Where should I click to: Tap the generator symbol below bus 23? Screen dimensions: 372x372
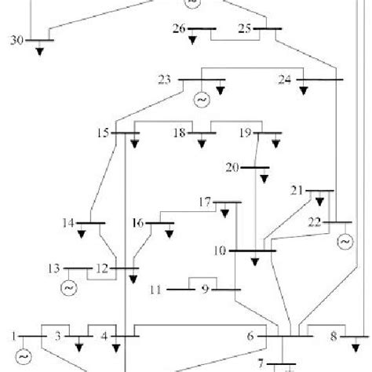pyautogui.click(x=199, y=100)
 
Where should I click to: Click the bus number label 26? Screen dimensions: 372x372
pyautogui.click(x=179, y=29)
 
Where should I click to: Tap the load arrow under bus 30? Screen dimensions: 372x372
pyautogui.click(x=39, y=50)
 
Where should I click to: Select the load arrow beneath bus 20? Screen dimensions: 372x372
pyautogui.click(x=264, y=178)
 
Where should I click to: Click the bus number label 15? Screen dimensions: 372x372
pyautogui.click(x=103, y=133)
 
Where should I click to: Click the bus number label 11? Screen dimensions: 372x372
pyautogui.click(x=156, y=290)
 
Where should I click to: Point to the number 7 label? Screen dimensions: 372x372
pyautogui.click(x=262, y=364)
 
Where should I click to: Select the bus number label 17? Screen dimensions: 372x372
pyautogui.click(x=205, y=202)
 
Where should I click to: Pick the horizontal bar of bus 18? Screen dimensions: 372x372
pyautogui.click(x=201, y=134)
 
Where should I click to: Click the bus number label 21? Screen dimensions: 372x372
pyautogui.click(x=297, y=190)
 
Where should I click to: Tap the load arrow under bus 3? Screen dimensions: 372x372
pyautogui.click(x=78, y=344)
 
